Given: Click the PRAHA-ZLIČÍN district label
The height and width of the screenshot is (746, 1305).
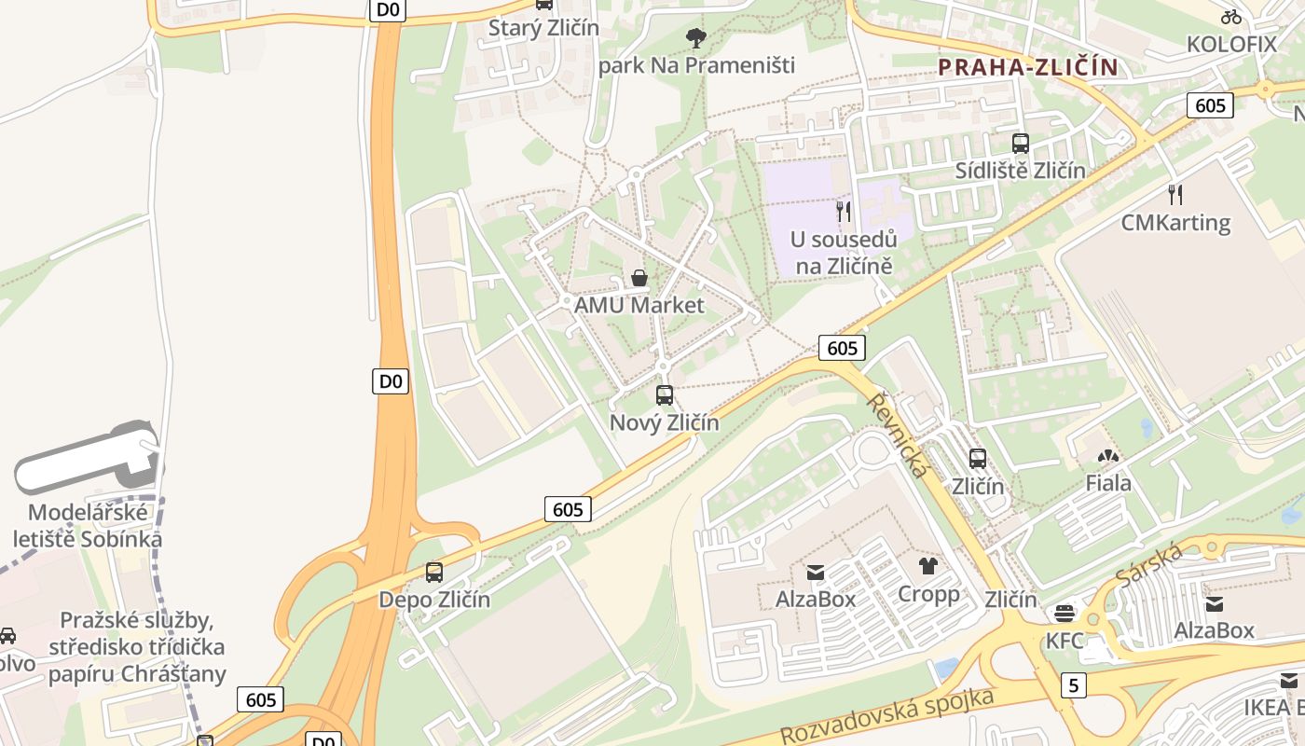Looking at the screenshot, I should [x=1027, y=67].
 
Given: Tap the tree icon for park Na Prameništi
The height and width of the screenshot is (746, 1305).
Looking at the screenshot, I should [x=695, y=38].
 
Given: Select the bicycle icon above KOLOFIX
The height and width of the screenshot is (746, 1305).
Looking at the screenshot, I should [x=1230, y=16].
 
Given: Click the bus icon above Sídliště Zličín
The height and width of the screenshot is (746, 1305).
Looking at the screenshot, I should [x=1021, y=144].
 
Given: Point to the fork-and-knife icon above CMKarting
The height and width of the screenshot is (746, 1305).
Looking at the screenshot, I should [x=1175, y=195].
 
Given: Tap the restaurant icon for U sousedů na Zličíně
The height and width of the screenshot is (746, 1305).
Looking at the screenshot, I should [x=844, y=212].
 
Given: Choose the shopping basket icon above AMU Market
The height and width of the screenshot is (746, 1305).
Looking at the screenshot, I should [x=639, y=278].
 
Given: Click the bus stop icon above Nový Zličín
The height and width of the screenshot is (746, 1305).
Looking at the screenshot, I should [x=665, y=395].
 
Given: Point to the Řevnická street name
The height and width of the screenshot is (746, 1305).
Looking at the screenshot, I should [x=898, y=435].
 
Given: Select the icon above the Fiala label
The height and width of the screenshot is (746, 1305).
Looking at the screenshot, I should [x=1108, y=457].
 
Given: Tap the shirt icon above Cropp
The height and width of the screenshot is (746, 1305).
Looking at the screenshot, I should [x=927, y=566].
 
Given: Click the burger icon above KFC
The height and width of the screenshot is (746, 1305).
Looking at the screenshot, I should [x=1065, y=614].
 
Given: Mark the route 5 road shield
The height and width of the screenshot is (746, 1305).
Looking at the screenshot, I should [x=1074, y=685].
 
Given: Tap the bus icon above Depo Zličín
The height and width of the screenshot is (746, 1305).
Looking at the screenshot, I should [x=434, y=573].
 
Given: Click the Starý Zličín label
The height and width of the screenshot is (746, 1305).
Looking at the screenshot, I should [x=544, y=28].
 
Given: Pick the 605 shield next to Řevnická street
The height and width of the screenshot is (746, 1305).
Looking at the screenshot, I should [x=842, y=348].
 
